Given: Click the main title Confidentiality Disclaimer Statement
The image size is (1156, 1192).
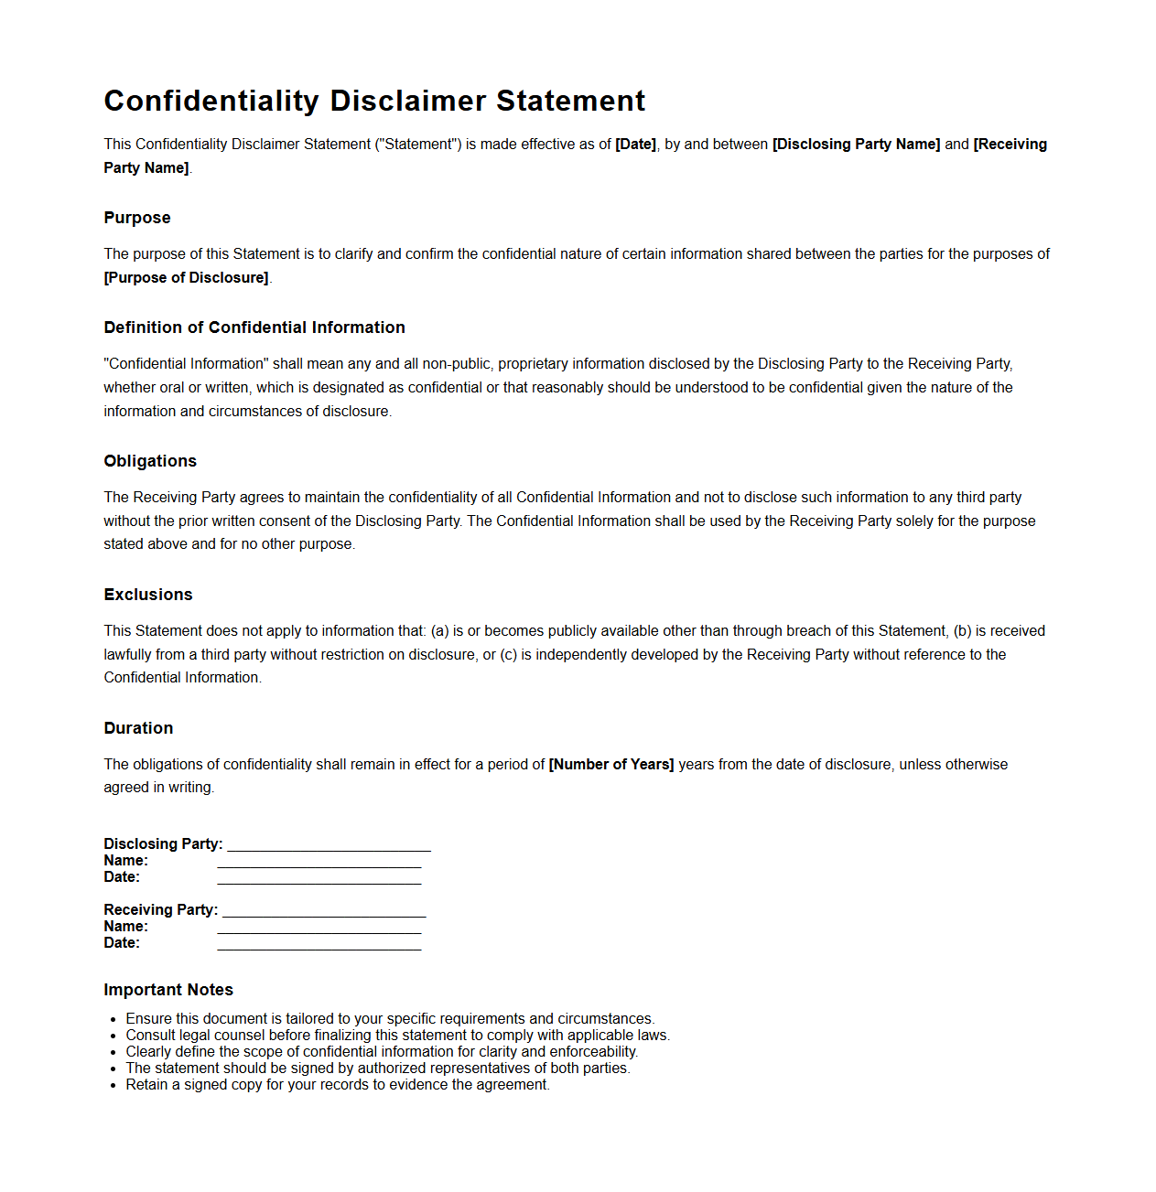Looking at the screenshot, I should pos(374,101).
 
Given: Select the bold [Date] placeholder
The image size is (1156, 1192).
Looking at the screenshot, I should pos(635,145).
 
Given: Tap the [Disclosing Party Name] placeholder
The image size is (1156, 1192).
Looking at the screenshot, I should pos(856,145).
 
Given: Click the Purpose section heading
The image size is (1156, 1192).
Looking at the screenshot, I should pos(137,218).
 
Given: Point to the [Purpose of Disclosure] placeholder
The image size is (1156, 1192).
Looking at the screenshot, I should pos(187,278).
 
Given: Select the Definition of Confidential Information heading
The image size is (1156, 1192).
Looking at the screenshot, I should pos(254,328).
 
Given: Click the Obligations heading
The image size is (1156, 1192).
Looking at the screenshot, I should pos(150,461).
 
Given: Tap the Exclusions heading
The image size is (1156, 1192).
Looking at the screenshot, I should pos(148,595).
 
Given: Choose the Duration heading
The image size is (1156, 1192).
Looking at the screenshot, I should pos(138,728).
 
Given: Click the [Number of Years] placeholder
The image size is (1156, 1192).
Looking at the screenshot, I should pos(611,765).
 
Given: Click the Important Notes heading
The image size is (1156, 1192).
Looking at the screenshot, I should pos(168,990).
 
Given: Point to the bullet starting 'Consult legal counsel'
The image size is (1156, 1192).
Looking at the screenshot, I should pos(397,1036).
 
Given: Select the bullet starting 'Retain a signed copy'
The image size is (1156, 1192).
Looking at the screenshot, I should pos(338,1085).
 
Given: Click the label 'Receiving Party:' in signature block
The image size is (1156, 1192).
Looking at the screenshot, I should pos(161,910).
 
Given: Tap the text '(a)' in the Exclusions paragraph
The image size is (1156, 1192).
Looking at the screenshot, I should pos(439,631).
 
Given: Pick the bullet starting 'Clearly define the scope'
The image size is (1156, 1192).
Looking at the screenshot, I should pos(382,1052).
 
